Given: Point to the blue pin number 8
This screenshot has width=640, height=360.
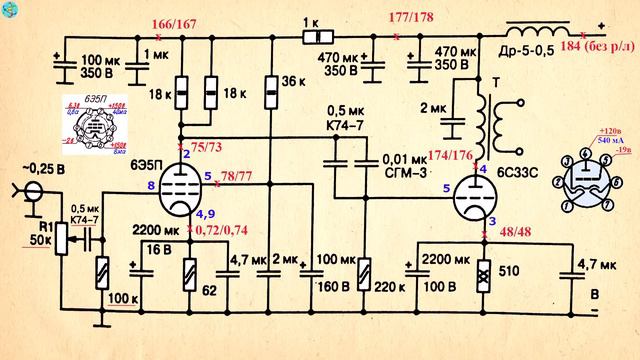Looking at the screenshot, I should (151, 186).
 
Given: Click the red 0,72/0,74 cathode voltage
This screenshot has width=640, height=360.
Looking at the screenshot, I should (221, 229).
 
